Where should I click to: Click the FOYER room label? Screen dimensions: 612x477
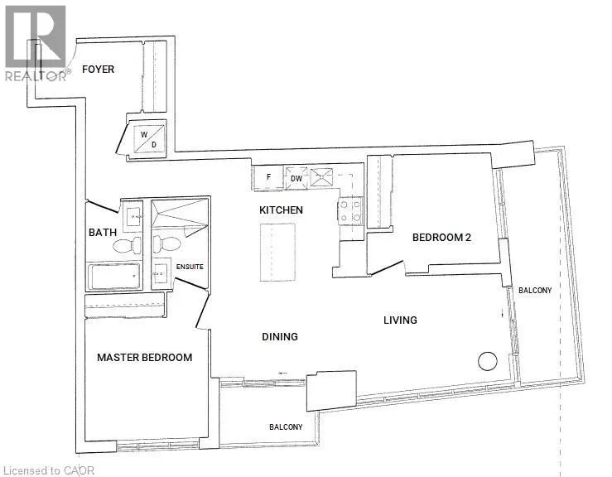(98, 70)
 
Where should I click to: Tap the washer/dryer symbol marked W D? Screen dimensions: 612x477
(149, 139)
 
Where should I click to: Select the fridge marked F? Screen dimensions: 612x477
(268, 177)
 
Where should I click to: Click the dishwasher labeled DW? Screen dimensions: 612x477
(296, 178)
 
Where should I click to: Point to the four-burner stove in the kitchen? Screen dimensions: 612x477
(350, 211)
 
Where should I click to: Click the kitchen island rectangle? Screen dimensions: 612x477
(278, 252)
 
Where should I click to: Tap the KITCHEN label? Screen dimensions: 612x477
(281, 210)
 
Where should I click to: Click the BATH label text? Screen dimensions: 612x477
(103, 233)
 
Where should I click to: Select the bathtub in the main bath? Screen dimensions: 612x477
(114, 277)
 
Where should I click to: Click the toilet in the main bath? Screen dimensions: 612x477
(128, 245)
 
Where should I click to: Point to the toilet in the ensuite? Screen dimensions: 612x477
(166, 244)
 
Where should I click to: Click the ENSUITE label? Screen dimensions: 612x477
(190, 267)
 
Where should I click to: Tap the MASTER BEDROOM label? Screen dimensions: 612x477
(144, 357)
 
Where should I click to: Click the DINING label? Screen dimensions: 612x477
(280, 336)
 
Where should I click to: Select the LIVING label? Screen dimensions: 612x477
(400, 320)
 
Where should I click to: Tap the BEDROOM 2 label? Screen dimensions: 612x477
(441, 238)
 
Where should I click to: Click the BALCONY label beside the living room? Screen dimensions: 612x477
(535, 291)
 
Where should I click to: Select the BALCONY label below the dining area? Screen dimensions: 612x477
(286, 427)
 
